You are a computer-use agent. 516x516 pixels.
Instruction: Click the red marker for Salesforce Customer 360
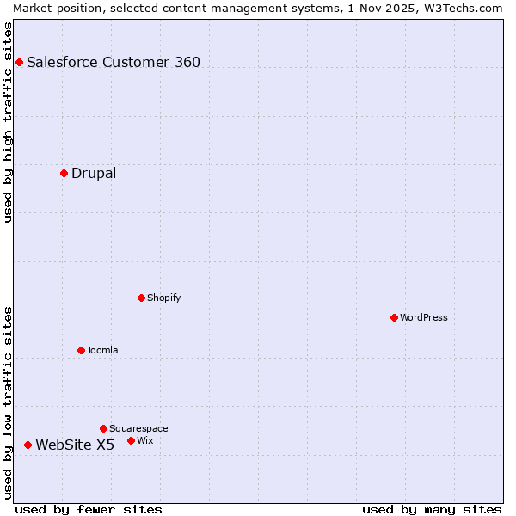(x=19, y=62)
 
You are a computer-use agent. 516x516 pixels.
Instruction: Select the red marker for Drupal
(x=64, y=173)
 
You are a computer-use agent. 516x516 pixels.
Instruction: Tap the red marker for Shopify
(x=141, y=298)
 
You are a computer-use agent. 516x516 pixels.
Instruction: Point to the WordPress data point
(x=394, y=317)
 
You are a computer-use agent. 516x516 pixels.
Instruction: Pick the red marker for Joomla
(x=81, y=350)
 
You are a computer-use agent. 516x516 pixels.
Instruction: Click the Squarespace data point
(x=103, y=428)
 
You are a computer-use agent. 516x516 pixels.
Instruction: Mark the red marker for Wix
(x=131, y=440)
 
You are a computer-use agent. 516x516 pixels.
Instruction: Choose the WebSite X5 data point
(x=28, y=445)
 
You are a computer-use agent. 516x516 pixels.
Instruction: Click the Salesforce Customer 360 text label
(x=114, y=62)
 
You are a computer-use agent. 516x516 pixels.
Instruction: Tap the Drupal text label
(x=94, y=173)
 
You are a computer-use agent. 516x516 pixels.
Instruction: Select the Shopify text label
(x=163, y=298)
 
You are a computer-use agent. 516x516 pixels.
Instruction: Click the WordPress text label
(x=424, y=317)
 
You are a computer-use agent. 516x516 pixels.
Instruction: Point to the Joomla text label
(x=102, y=350)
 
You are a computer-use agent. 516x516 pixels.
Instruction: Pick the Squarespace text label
(x=138, y=428)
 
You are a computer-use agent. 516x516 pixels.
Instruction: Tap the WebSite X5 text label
(x=75, y=445)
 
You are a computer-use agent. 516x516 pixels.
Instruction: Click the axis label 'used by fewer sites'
(x=89, y=509)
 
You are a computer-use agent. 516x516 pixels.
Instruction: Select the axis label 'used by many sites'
(x=432, y=509)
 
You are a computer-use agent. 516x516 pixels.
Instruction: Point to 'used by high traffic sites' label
(x=8, y=122)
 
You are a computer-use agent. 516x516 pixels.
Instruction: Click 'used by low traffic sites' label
(x=8, y=402)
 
